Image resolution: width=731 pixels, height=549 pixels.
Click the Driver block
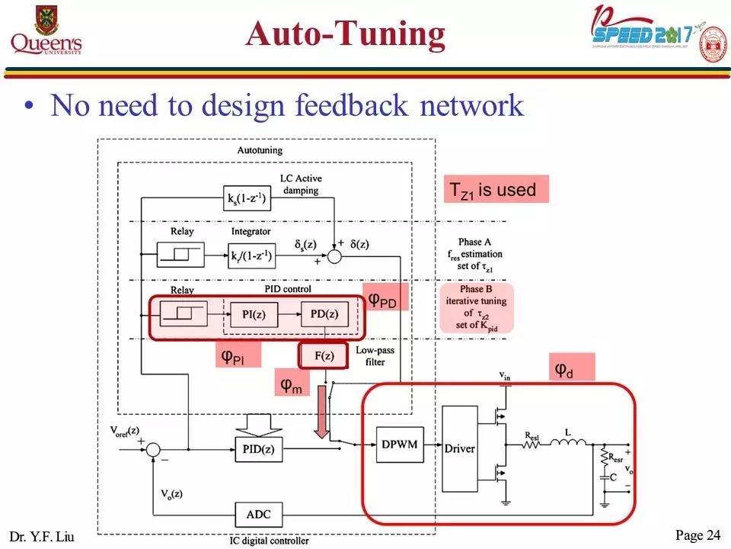tap(461, 448)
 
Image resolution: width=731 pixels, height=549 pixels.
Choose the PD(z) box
tap(324, 314)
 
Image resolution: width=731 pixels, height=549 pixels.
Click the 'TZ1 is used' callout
tap(496, 190)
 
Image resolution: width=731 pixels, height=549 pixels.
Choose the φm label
tap(290, 385)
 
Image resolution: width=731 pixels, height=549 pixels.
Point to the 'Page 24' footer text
tap(697, 535)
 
